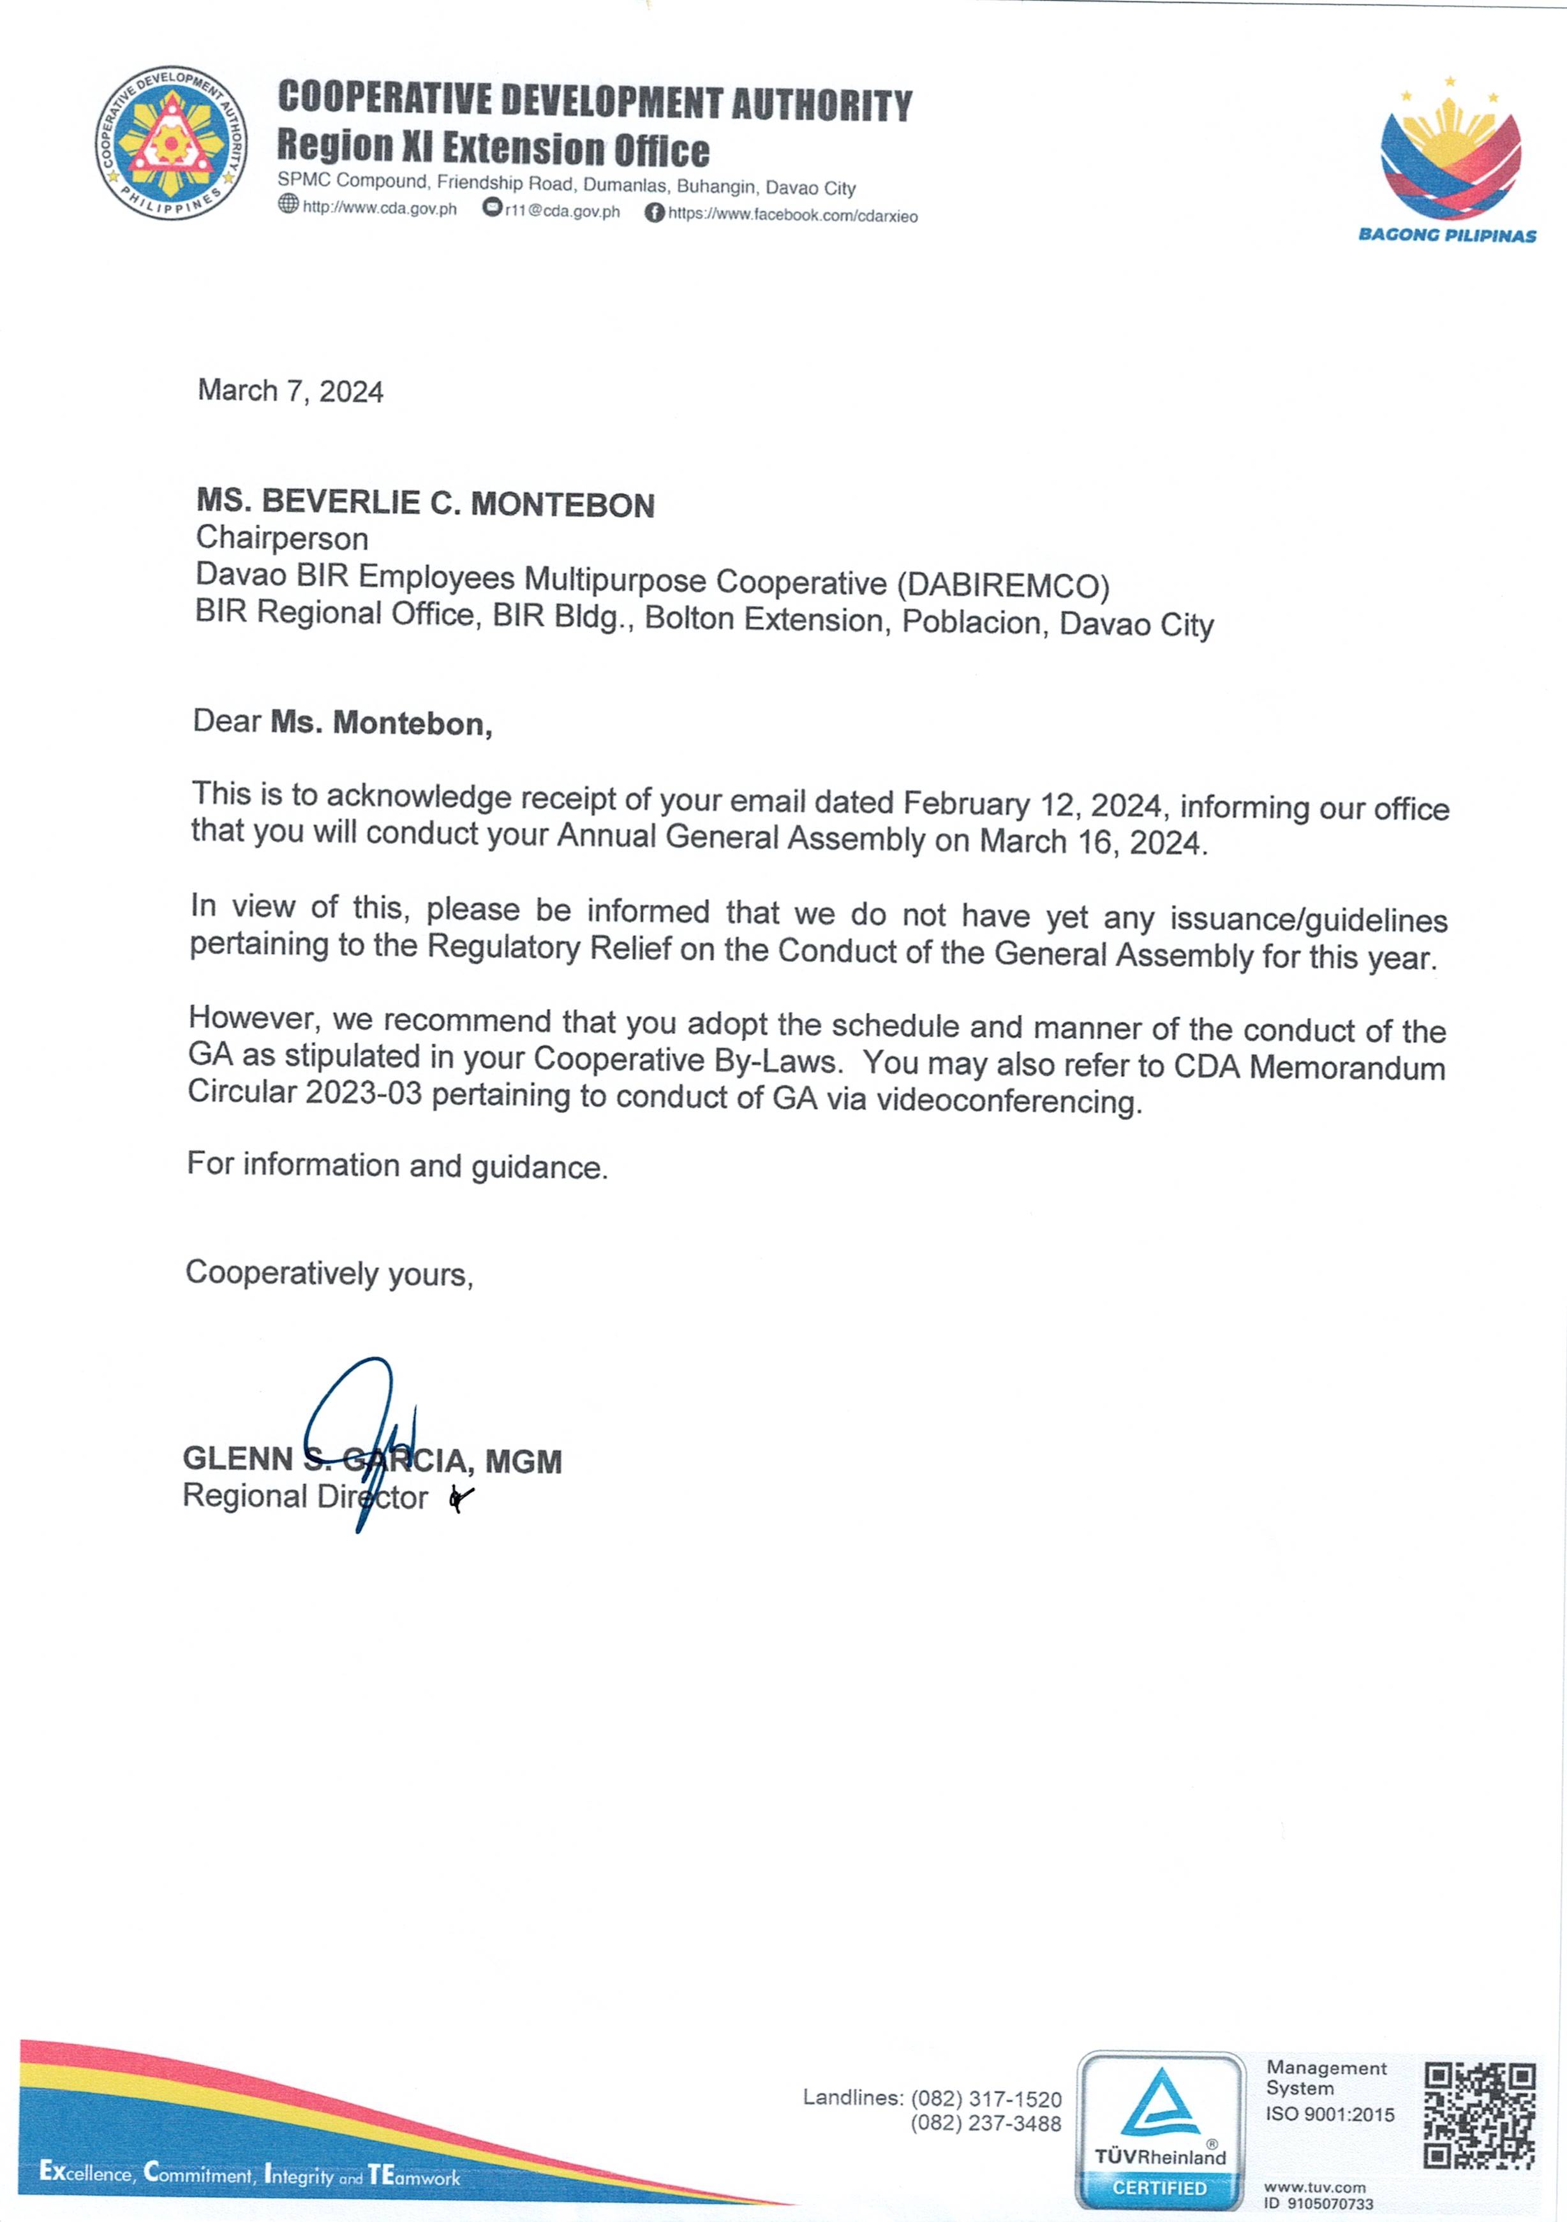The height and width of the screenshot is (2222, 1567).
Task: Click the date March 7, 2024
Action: click(x=290, y=391)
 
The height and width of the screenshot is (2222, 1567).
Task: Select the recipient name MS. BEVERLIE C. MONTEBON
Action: click(x=425, y=503)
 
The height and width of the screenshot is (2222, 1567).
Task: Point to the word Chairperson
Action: click(x=281, y=538)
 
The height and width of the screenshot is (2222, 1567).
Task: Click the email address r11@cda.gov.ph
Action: click(x=561, y=211)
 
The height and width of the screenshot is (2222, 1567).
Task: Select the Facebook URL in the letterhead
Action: click(x=792, y=215)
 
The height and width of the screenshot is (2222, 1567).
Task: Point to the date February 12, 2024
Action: click(x=1032, y=804)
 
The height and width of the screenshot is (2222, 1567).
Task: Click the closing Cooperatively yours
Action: click(x=329, y=1274)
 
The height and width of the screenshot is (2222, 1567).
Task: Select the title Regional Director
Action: click(x=305, y=1496)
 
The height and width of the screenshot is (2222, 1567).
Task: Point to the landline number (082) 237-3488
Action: click(x=985, y=2123)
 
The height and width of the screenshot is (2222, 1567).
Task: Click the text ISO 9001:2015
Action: click(x=1330, y=2115)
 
